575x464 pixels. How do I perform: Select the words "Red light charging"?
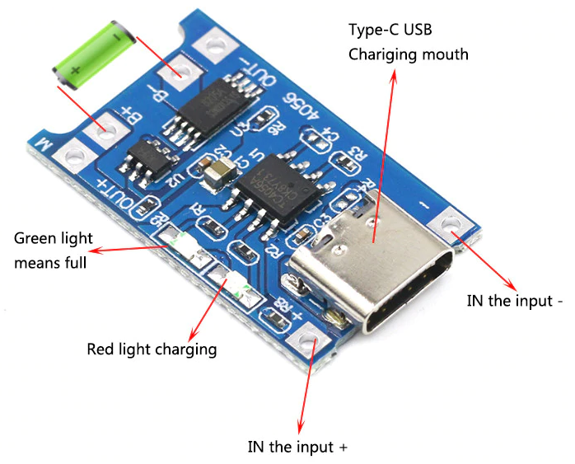[x=152, y=349]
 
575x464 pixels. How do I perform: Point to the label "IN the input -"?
[x=514, y=301]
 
